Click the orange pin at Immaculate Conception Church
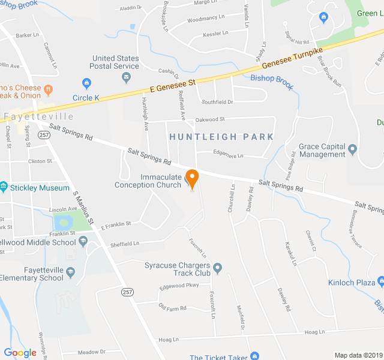[x=192, y=178]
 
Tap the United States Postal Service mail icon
[x=126, y=77]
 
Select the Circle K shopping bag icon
[x=86, y=83]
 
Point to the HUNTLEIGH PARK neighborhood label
[x=221, y=137]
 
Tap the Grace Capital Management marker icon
[x=352, y=148]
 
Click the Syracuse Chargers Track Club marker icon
[x=217, y=268]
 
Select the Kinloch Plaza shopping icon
[x=380, y=282]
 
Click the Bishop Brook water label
[x=272, y=82]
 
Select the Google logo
[x=20, y=353]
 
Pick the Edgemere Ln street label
[x=229, y=155]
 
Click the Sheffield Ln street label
[x=124, y=244]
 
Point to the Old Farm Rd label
[x=172, y=308]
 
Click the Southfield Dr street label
[x=217, y=102]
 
